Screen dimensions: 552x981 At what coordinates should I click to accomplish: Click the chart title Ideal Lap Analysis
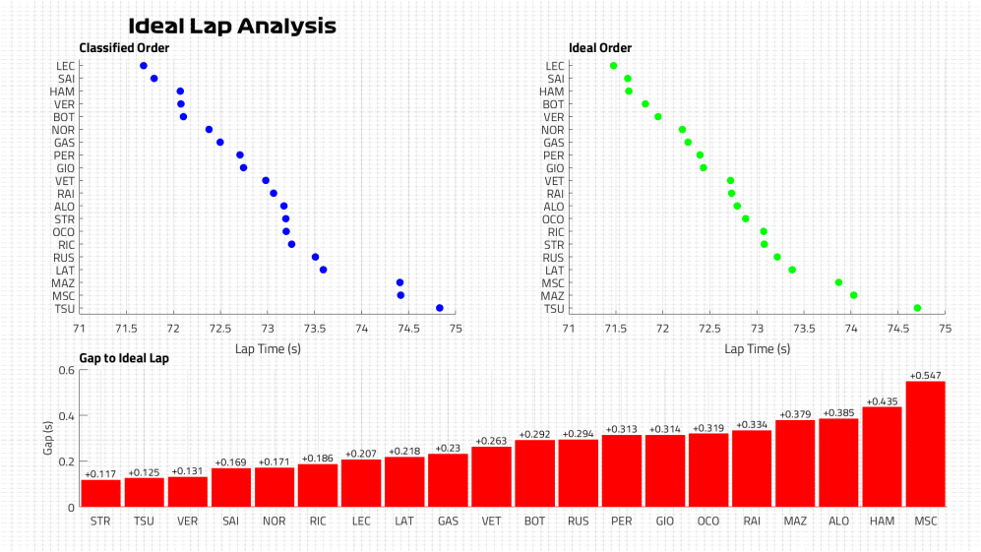click(x=232, y=27)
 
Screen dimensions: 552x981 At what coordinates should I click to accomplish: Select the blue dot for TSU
click(x=440, y=308)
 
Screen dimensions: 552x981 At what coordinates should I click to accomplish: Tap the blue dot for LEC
click(x=144, y=66)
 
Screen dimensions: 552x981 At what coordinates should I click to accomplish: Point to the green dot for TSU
click(x=917, y=308)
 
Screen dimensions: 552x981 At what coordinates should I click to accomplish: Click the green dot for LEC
click(x=614, y=66)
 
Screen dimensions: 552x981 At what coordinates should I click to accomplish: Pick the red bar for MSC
click(x=925, y=444)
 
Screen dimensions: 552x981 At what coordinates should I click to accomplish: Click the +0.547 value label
click(x=925, y=376)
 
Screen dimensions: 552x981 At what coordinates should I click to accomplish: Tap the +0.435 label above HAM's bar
click(x=882, y=401)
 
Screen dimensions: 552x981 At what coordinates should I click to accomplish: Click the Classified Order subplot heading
click(x=124, y=47)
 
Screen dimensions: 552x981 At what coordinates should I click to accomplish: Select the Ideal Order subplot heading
click(x=600, y=47)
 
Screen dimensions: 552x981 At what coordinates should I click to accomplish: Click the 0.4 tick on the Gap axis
click(x=67, y=416)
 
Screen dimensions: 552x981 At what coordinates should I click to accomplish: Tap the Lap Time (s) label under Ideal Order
click(x=756, y=347)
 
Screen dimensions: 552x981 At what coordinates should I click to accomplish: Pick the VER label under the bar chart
click(x=187, y=520)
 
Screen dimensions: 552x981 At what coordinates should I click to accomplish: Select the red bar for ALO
click(x=838, y=462)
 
